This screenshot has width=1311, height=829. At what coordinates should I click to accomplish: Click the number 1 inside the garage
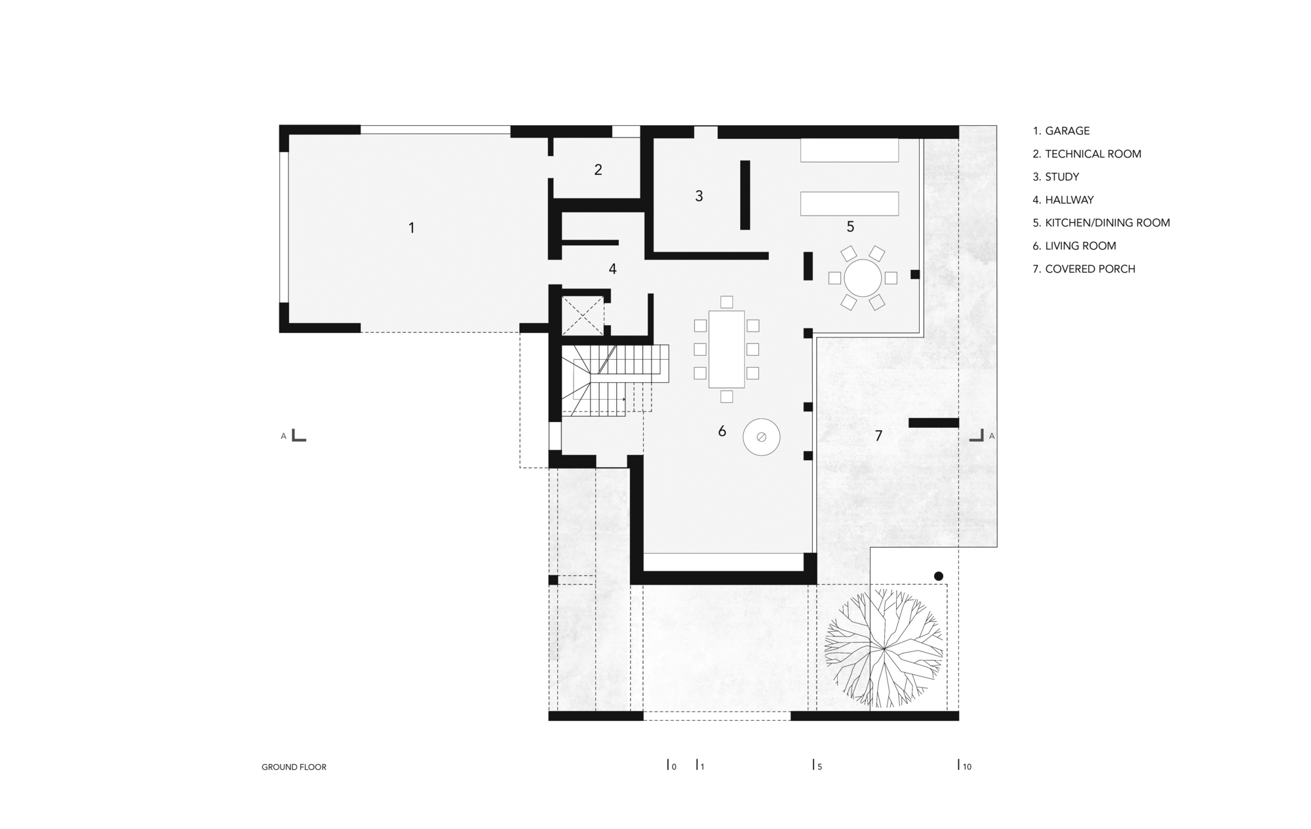(x=412, y=228)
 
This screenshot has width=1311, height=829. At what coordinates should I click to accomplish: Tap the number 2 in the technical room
(x=598, y=170)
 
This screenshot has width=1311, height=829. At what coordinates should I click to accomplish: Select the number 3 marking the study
(x=699, y=196)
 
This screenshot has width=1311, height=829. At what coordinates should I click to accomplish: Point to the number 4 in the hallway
(x=612, y=269)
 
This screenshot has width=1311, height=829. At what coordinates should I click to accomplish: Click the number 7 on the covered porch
(x=878, y=435)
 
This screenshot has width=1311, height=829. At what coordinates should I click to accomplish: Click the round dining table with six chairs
(x=863, y=278)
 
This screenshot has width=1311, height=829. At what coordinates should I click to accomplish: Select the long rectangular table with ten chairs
(x=726, y=349)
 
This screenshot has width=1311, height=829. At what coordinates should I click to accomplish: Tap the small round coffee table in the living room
(x=761, y=436)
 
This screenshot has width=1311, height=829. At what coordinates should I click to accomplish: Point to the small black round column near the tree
(x=938, y=576)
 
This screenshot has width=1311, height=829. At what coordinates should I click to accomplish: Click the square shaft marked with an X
(x=582, y=315)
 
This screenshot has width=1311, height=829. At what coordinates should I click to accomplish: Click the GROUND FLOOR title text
(x=294, y=767)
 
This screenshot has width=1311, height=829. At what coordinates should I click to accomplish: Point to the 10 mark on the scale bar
(x=966, y=765)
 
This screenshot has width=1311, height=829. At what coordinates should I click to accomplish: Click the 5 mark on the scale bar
(x=817, y=765)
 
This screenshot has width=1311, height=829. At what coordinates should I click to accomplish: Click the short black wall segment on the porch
(x=933, y=423)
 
